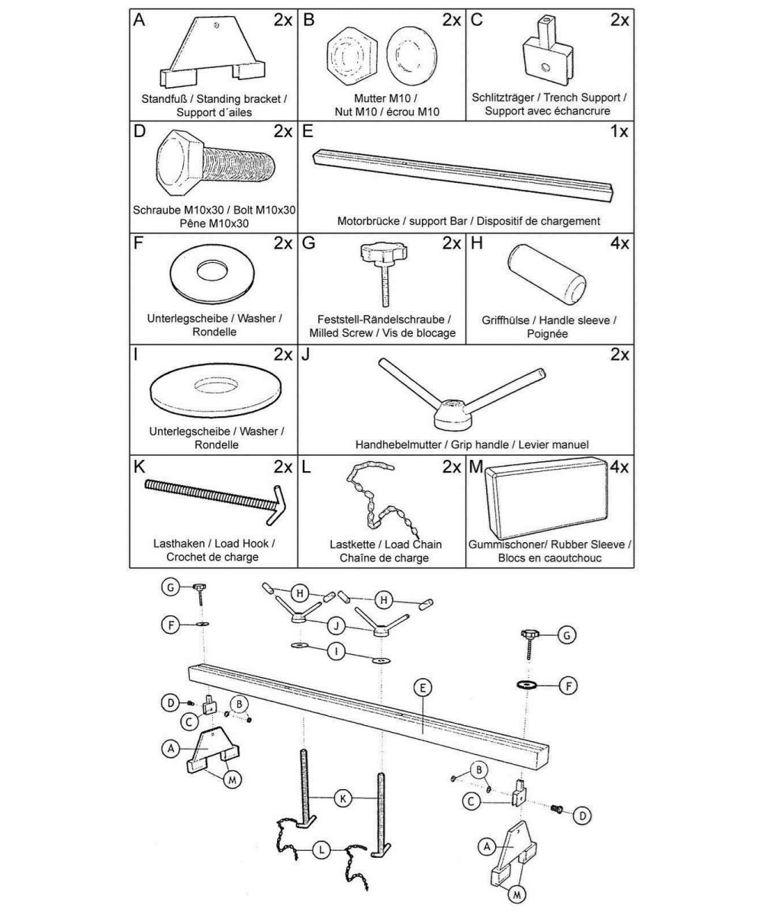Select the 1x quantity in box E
(618, 130)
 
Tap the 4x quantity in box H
(619, 244)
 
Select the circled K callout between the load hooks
(343, 798)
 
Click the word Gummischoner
(512, 544)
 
